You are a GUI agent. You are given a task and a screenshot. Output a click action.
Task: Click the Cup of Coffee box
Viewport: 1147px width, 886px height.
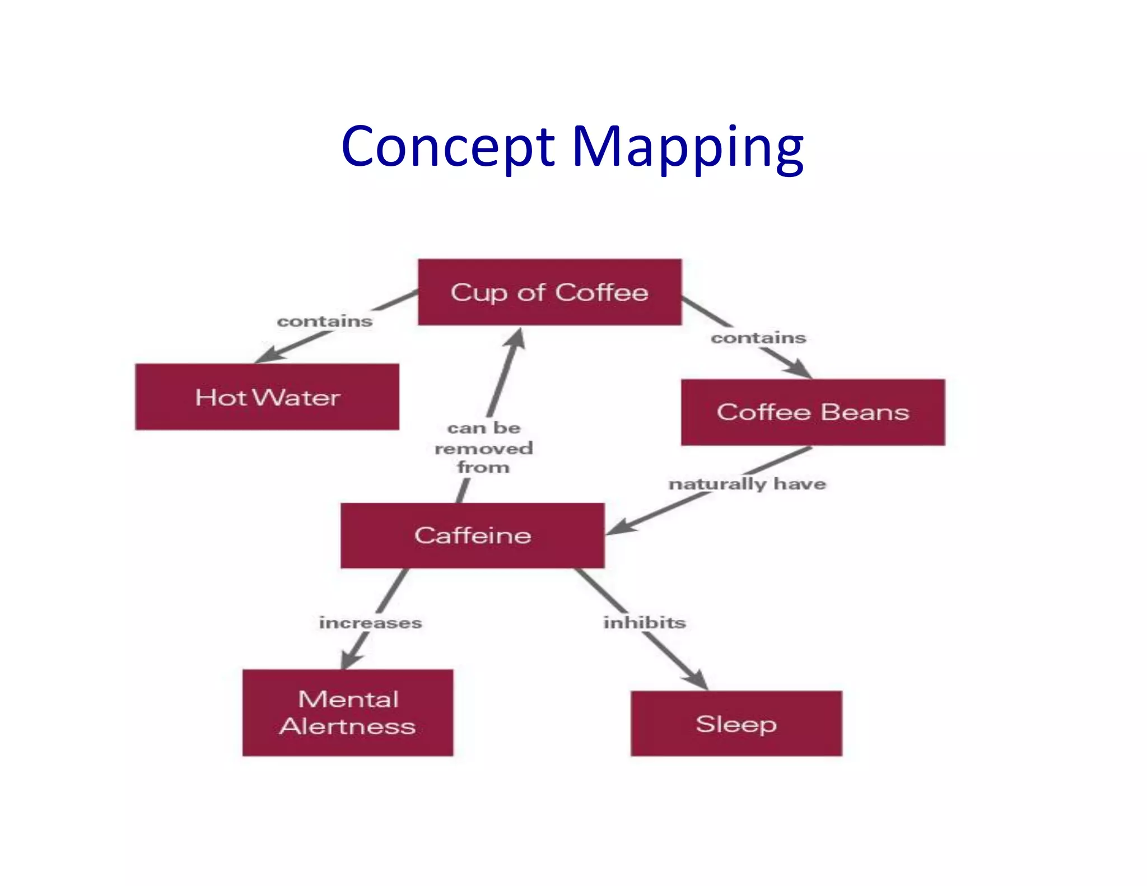click(x=549, y=292)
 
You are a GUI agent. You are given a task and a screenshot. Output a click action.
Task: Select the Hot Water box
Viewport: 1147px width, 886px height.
click(x=267, y=397)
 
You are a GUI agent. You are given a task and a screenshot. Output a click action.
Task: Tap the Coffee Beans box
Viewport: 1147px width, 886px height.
click(x=813, y=412)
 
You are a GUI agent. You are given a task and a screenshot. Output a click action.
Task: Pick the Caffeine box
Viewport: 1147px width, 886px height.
click(x=473, y=535)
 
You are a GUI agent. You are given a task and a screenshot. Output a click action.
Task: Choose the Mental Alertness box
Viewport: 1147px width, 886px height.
click(x=348, y=712)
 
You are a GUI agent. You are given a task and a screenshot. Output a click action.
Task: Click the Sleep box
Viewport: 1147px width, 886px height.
click(x=736, y=724)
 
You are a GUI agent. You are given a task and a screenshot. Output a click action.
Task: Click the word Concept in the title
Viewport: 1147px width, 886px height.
click(x=448, y=147)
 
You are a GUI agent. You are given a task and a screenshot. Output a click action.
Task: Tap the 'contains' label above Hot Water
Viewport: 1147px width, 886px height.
click(x=325, y=321)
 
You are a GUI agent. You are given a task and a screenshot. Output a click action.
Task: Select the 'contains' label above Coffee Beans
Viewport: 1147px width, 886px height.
click(x=758, y=338)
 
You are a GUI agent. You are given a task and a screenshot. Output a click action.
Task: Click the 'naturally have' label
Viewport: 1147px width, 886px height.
click(x=747, y=483)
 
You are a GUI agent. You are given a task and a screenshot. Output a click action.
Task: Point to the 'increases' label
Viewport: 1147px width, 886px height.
click(x=370, y=622)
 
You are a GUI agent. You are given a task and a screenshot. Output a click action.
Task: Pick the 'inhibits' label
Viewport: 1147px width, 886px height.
click(x=644, y=622)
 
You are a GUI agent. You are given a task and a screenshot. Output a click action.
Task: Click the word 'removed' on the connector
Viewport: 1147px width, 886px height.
click(x=483, y=448)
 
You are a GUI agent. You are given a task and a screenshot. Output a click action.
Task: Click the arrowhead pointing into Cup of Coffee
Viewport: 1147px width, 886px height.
click(x=517, y=338)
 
